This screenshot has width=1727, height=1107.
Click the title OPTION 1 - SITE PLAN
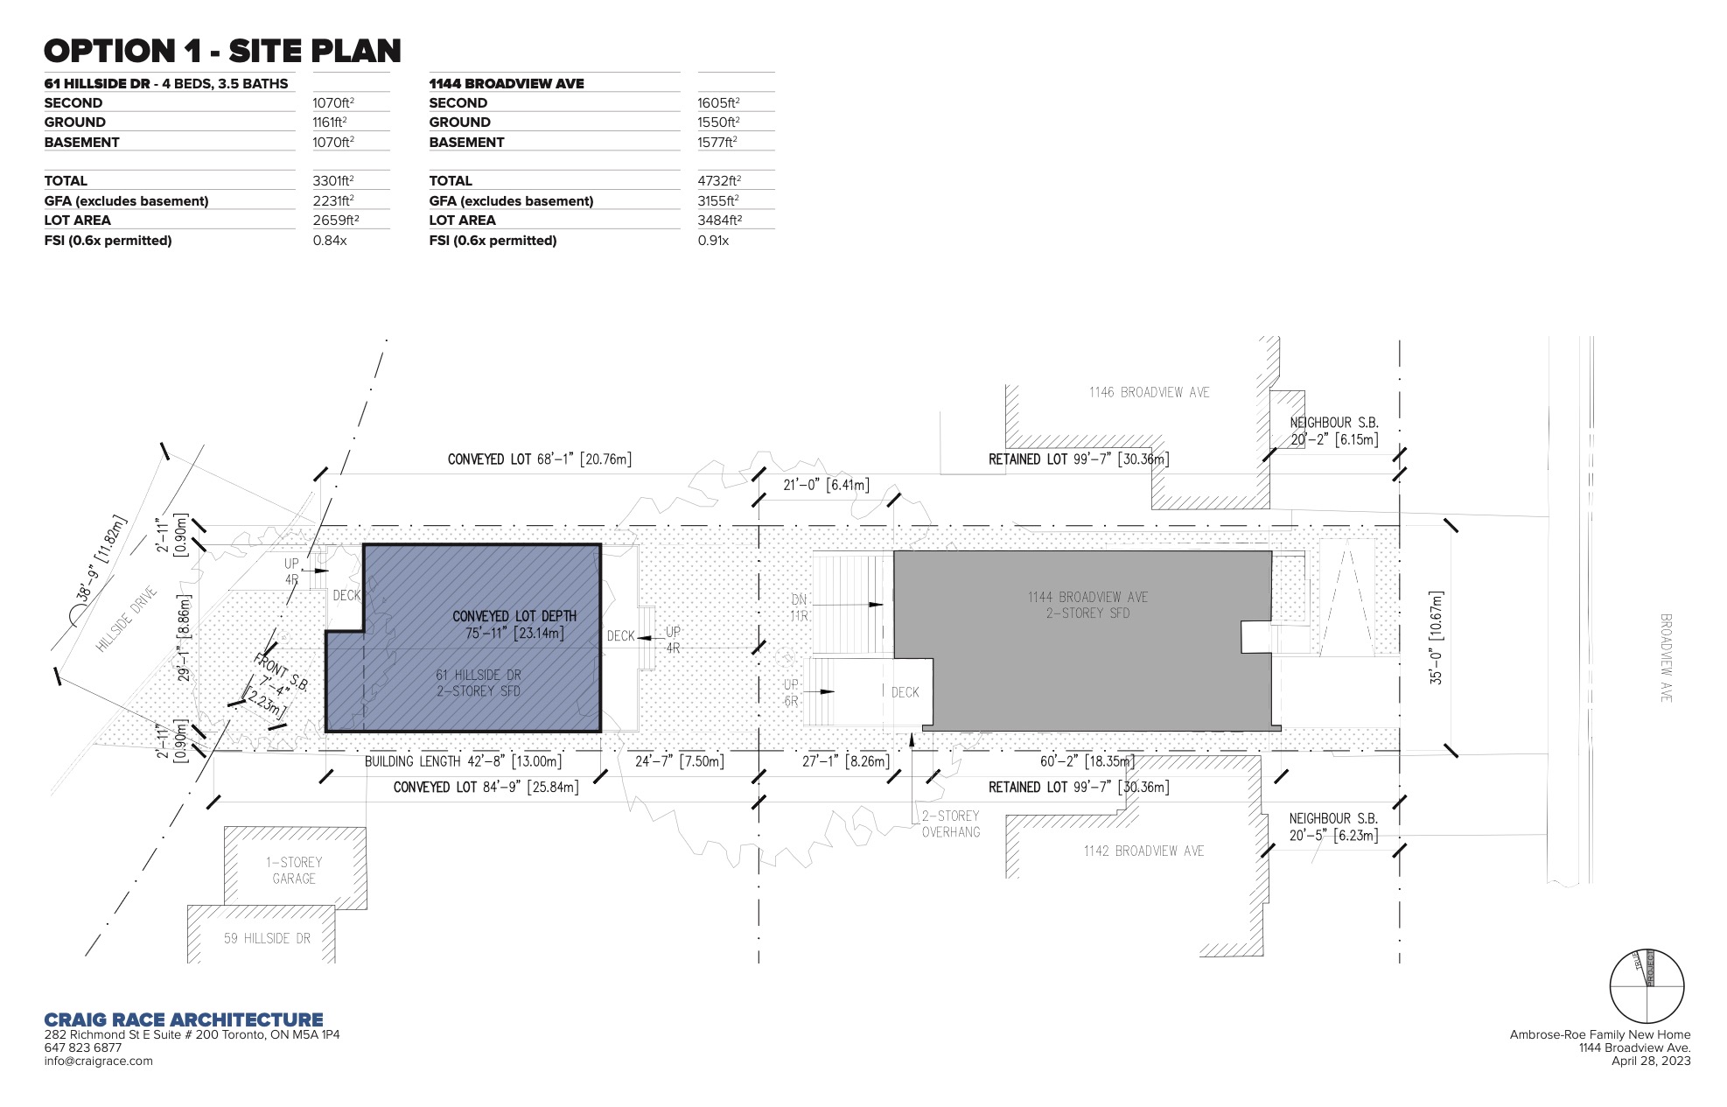pyautogui.click(x=222, y=51)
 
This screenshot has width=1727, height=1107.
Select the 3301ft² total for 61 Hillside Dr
pyautogui.click(x=333, y=180)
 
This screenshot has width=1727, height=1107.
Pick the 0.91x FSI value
pyautogui.click(x=713, y=240)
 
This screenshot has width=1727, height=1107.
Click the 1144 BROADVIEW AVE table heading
pyautogui.click(x=507, y=83)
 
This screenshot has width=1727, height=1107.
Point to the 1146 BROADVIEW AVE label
pyautogui.click(x=1150, y=392)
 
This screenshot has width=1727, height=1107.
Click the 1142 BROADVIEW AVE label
pyautogui.click(x=1144, y=851)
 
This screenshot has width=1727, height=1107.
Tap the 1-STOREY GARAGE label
pyautogui.click(x=294, y=870)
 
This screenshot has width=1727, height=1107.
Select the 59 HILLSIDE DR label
pyautogui.click(x=267, y=938)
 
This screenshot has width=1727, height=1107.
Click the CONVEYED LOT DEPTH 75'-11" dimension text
pyautogui.click(x=514, y=625)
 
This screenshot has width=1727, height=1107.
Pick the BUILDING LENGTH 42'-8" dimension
pyautogui.click(x=463, y=761)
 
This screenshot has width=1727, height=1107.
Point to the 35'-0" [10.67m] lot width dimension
pyautogui.click(x=1437, y=637)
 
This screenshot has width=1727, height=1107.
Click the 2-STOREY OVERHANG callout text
pyautogui.click(x=951, y=823)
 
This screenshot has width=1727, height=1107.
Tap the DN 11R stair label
pyautogui.click(x=799, y=607)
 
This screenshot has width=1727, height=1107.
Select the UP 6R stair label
pyautogui.click(x=791, y=692)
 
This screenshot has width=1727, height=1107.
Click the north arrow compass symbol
pyautogui.click(x=1647, y=986)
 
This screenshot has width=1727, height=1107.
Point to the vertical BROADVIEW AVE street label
pyautogui.click(x=1666, y=658)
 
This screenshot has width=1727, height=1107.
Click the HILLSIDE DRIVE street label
pyautogui.click(x=127, y=619)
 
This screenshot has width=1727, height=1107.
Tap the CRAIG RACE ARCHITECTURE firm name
pyautogui.click(x=184, y=1019)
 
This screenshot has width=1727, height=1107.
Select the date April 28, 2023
pyautogui.click(x=1651, y=1061)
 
